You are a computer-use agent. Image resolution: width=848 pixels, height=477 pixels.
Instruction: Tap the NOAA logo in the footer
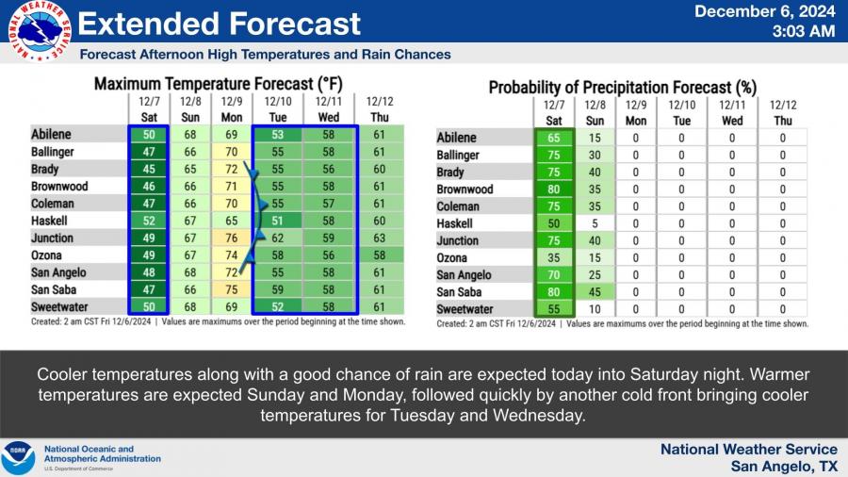18,457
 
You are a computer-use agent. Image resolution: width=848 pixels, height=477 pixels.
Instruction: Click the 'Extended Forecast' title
220,24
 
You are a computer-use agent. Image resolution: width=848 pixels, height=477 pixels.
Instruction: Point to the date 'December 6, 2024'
764,12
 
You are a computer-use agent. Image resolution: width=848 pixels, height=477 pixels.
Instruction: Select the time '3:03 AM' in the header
803,32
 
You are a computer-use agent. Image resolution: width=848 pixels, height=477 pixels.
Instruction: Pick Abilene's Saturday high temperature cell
148,134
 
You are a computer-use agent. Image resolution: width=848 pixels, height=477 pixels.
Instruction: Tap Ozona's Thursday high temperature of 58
378,255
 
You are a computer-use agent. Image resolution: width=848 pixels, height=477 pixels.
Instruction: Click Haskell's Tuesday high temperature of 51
277,221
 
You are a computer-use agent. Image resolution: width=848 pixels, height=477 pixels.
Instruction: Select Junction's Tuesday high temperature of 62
277,238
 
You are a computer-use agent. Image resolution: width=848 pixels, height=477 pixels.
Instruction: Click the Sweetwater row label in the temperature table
63,306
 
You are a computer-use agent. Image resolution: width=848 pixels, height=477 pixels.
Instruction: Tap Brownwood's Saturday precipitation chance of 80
553,189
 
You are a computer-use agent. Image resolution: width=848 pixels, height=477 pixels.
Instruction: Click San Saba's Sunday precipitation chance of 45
595,292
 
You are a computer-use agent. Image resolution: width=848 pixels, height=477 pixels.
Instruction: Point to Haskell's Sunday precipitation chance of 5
595,223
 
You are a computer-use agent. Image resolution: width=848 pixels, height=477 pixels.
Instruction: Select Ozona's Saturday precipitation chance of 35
553,258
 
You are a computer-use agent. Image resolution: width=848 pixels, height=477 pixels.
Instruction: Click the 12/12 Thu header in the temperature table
378,107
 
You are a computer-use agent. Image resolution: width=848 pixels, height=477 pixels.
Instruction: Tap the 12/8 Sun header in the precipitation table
595,112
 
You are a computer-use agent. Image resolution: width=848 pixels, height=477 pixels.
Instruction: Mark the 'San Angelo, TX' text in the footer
784,466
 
